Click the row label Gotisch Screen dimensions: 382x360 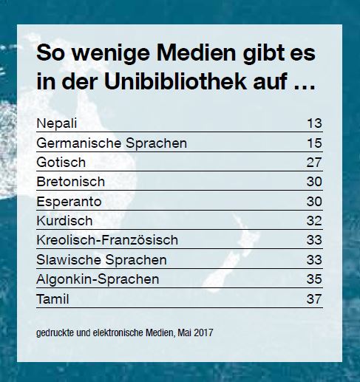click(61, 162)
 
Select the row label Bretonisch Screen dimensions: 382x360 click(70, 181)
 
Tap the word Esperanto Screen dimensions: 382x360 click(69, 201)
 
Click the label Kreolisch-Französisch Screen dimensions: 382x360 click(106, 240)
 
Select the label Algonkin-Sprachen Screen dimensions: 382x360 click(97, 279)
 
